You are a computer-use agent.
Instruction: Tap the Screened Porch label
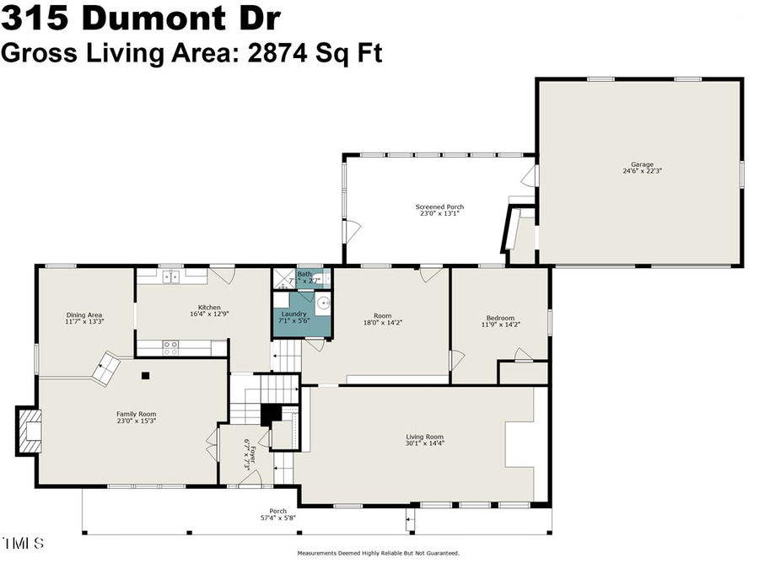[439, 207]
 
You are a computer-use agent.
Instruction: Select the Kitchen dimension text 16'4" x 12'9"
[209, 314]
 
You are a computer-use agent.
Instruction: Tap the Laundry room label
[293, 314]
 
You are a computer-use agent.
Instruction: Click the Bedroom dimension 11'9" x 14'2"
[500, 325]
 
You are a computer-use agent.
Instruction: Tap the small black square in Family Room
[145, 375]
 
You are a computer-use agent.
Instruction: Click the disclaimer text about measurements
[378, 554]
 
